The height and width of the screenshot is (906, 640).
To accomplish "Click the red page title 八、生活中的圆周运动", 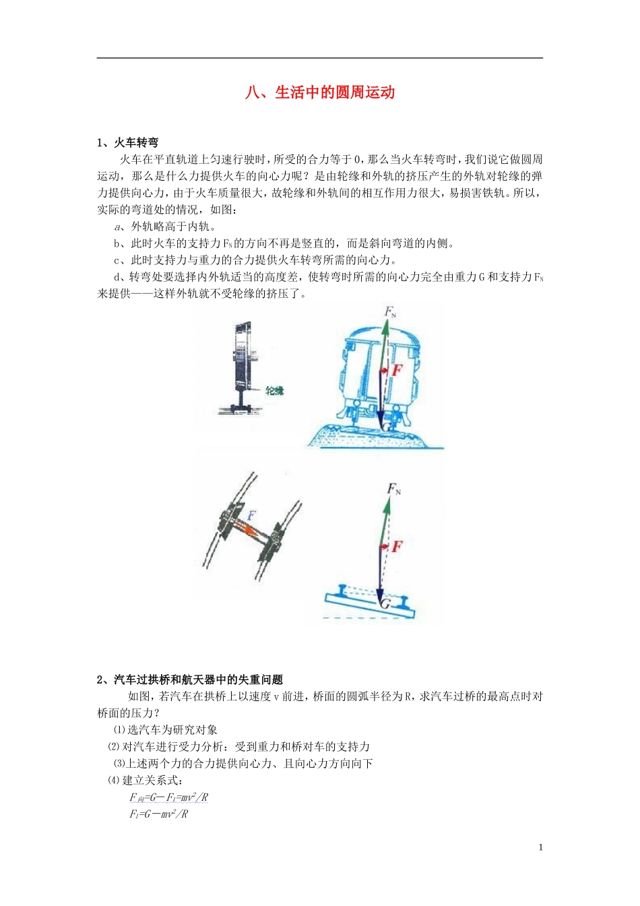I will pyautogui.click(x=320, y=92).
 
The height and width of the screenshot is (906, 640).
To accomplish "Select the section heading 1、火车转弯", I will pyautogui.click(x=128, y=142).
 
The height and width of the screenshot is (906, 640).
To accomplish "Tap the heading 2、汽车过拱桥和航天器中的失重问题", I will pyautogui.click(x=190, y=679).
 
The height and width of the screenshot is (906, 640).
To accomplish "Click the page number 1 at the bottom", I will pyautogui.click(x=540, y=847).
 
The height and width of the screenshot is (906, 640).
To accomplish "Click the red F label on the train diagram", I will pyautogui.click(x=397, y=369).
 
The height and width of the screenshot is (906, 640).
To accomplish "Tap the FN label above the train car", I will pyautogui.click(x=390, y=311).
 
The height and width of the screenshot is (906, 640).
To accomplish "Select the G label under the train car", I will pyautogui.click(x=386, y=427).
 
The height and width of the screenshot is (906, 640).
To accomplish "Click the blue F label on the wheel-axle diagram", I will pyautogui.click(x=251, y=516).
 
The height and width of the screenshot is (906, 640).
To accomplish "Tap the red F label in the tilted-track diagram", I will pyautogui.click(x=397, y=546).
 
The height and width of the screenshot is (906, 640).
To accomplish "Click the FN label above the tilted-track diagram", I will pyautogui.click(x=393, y=489).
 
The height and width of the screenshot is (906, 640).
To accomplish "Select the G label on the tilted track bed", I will pyautogui.click(x=385, y=603).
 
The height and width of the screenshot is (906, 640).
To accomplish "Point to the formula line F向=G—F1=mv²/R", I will pyautogui.click(x=169, y=797).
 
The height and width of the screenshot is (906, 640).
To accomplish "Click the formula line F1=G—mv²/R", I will pyautogui.click(x=159, y=814).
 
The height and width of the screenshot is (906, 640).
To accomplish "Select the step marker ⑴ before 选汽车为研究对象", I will pyautogui.click(x=119, y=730).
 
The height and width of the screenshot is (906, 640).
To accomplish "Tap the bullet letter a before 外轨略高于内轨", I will pyautogui.click(x=117, y=227).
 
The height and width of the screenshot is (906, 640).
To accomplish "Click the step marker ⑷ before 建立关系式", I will pyautogui.click(x=113, y=781).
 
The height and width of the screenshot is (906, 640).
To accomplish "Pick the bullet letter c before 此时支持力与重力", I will pyautogui.click(x=117, y=260).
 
